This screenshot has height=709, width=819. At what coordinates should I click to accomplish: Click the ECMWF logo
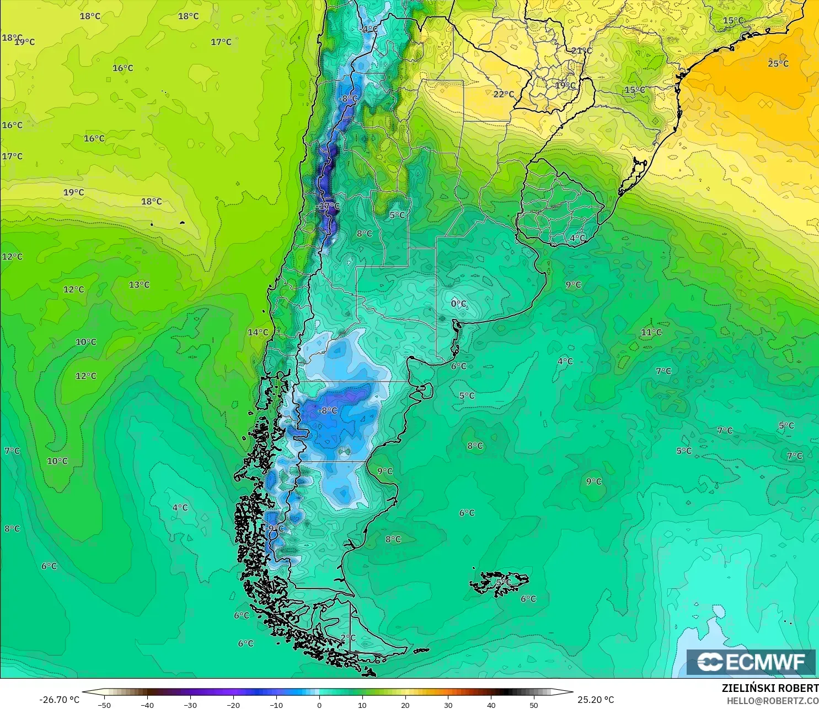[751, 662]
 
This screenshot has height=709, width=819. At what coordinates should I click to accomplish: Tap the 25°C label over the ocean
[778, 63]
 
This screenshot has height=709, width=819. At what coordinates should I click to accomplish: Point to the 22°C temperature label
[504, 94]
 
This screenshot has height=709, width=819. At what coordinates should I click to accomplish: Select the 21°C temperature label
[581, 51]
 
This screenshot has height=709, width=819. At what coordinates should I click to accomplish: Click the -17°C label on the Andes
[329, 206]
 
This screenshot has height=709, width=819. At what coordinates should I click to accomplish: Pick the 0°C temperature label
[459, 304]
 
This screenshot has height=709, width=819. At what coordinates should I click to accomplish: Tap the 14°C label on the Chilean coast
[258, 332]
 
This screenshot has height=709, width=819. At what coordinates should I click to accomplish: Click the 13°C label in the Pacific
[139, 285]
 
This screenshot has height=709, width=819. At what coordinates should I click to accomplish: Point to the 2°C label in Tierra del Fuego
[348, 637]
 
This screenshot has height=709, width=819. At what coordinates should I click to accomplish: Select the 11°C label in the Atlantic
[651, 332]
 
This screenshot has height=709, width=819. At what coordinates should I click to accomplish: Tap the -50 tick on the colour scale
[104, 705]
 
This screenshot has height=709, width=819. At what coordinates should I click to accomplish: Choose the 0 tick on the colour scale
[319, 705]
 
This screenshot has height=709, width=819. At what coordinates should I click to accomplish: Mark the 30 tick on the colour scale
[448, 705]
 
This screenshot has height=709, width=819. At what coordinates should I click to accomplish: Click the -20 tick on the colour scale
[233, 705]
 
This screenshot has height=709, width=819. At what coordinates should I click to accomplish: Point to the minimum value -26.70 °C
[60, 700]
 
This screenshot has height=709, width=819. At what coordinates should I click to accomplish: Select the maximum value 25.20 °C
[596, 700]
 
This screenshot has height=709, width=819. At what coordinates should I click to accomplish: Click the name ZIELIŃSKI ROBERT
[770, 688]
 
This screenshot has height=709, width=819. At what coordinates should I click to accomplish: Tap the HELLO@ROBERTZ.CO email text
[772, 701]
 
